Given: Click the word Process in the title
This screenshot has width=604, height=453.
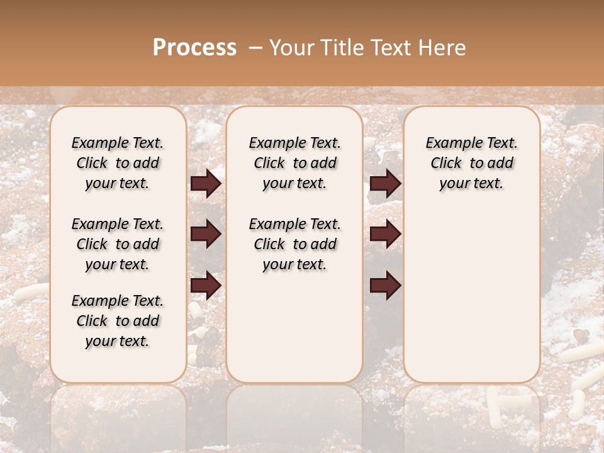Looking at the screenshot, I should (x=194, y=48).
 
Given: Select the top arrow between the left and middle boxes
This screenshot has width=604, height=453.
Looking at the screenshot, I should (x=206, y=184).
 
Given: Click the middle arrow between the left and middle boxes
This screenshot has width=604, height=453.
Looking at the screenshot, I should (x=206, y=234).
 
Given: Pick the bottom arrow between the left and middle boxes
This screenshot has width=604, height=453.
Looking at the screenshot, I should (x=206, y=285).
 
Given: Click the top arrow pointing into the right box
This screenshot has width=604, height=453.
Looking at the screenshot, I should (x=385, y=184).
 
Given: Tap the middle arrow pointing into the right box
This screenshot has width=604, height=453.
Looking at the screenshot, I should (x=385, y=234).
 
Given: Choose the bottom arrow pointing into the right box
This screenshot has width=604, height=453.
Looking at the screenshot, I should (x=385, y=285).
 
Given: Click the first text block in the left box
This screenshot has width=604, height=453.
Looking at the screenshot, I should (x=118, y=163).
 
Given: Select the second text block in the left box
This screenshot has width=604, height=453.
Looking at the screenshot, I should (x=118, y=244).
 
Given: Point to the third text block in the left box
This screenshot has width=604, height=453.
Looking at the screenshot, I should (x=118, y=321).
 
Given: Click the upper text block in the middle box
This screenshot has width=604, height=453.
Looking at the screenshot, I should (x=295, y=163).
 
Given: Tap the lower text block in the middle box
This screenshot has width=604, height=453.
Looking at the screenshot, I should (x=295, y=244).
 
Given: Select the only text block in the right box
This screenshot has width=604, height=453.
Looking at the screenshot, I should (x=472, y=163).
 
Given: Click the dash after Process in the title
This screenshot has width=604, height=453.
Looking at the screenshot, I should (x=255, y=48).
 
